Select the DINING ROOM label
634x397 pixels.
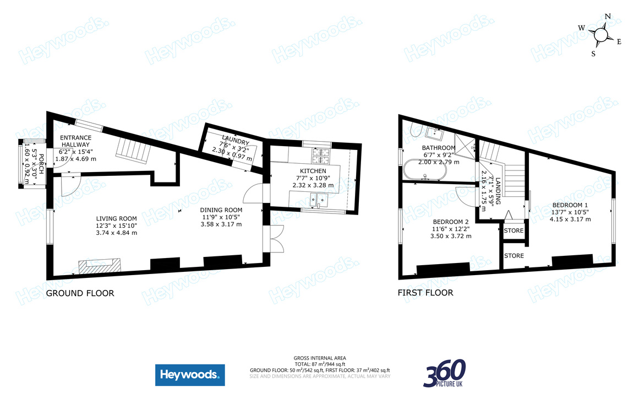tap(221, 210)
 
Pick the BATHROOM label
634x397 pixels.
tap(438, 148)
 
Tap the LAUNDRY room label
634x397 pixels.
tap(236, 140)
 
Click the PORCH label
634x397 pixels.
tap(41, 164)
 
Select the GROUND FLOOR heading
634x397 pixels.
tap(80, 293)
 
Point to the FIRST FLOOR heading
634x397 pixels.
tap(425, 292)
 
